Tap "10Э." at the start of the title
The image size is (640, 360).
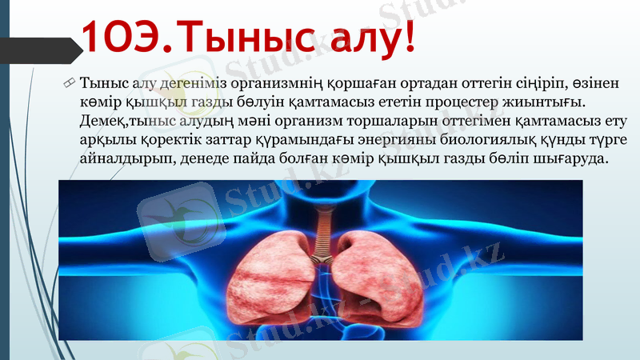coord(128,38)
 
